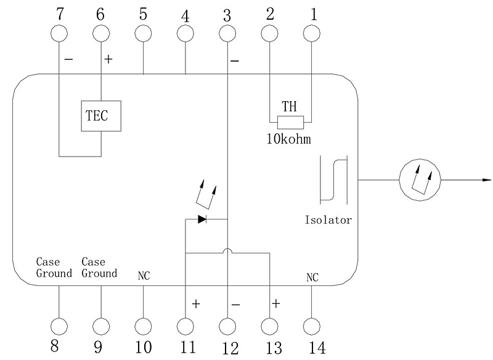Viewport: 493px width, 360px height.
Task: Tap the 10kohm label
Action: coord(288,139)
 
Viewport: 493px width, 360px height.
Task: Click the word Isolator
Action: coord(328,220)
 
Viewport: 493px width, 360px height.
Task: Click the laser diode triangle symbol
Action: coord(202,218)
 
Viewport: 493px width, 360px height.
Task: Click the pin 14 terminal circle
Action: coord(311,325)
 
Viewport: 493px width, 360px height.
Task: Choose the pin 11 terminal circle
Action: coord(185,325)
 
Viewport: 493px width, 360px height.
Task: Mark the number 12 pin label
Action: coord(227,348)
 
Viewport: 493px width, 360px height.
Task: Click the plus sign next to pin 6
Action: coord(109,60)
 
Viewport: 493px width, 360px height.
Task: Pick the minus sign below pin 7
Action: coord(68,60)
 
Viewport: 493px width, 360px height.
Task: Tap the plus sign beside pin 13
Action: coord(275,303)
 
